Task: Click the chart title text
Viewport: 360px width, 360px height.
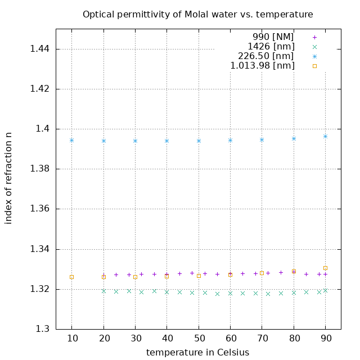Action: click(198, 14)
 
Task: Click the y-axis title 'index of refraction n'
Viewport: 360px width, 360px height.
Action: click(8, 178)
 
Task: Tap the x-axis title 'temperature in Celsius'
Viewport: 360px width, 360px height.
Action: click(197, 352)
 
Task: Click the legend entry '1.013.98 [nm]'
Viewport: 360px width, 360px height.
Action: click(262, 66)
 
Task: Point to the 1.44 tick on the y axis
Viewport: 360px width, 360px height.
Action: click(39, 49)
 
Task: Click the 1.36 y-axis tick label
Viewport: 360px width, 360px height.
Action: click(39, 209)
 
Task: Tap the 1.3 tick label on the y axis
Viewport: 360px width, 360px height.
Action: click(42, 329)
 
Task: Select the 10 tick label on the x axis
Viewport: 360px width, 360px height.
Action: click(71, 339)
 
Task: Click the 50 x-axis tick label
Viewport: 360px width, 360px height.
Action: click(199, 339)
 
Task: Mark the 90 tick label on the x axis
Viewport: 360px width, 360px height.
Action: click(325, 339)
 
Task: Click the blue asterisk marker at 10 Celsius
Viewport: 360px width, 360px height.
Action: click(71, 140)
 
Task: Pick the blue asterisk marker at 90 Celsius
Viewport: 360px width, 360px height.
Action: click(325, 136)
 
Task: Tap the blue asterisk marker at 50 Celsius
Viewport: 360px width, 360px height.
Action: click(199, 141)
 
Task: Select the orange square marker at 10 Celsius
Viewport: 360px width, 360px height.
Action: click(71, 277)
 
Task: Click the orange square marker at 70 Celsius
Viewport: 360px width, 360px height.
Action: click(262, 273)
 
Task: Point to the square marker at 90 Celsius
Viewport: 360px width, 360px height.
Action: click(325, 268)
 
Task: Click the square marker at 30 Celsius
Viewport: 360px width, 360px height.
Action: click(135, 277)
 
